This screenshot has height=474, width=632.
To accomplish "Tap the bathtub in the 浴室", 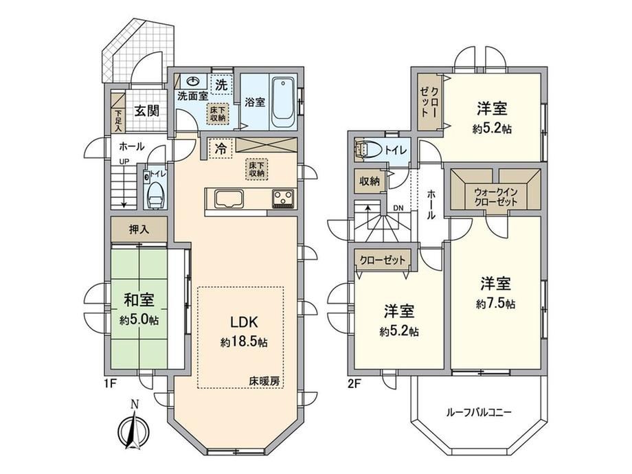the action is tap(283, 102).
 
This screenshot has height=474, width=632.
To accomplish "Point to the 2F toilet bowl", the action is tap(369, 150).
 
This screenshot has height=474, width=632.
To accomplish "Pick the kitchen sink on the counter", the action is tap(229, 199).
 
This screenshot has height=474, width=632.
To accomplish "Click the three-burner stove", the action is tap(283, 199).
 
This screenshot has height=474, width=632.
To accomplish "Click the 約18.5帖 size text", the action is tap(243, 342).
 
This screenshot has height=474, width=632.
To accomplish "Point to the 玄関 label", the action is tap(147, 110).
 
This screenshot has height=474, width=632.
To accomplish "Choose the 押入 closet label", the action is tap(139, 229).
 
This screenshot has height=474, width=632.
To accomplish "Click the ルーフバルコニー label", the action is tap(479, 412).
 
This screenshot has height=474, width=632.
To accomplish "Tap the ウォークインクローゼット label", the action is tap(495, 196).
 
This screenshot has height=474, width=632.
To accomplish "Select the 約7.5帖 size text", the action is tap(495, 304).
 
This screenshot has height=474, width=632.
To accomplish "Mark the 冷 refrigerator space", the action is tap(221, 148).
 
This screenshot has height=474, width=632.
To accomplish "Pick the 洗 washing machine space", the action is tap(221, 85).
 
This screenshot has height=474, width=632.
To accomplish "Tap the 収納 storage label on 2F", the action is tap(369, 181).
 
